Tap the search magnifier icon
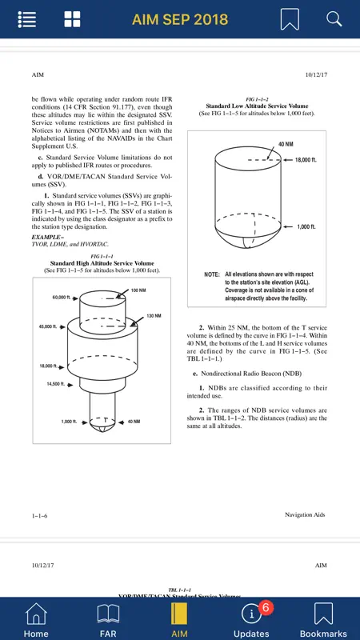[x=334, y=18]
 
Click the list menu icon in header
[x=27, y=19]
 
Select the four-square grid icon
[x=72, y=19]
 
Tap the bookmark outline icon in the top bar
[x=290, y=19]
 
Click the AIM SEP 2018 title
[x=179, y=19]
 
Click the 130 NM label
[x=154, y=316]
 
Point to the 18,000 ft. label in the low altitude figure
[x=306, y=160]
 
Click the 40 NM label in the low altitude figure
[x=286, y=144]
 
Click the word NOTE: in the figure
[x=212, y=274]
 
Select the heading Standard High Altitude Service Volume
[x=102, y=263]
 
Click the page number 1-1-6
[x=39, y=516]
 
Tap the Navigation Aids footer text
[x=305, y=515]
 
